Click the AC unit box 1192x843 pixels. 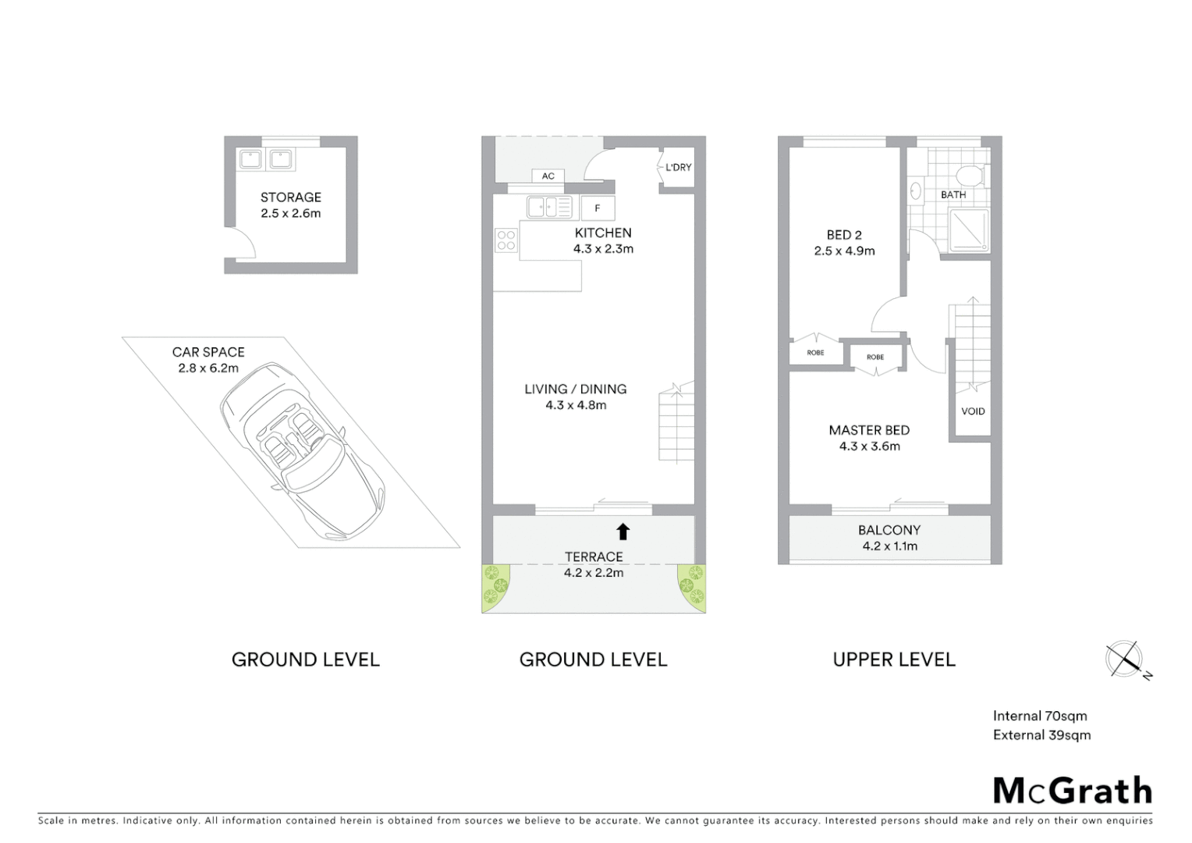(548, 176)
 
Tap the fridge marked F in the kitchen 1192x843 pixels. (598, 208)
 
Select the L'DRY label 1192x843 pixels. (678, 167)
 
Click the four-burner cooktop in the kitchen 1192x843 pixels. (506, 240)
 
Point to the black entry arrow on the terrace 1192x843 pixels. (623, 532)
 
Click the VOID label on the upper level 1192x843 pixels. (973, 411)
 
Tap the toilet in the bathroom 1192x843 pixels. (971, 173)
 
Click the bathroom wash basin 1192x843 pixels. (916, 190)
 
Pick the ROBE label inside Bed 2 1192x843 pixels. (815, 353)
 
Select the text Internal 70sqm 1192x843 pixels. (1039, 716)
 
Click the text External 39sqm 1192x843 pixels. (1041, 735)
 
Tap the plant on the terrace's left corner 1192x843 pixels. (495, 586)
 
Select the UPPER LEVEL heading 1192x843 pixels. (894, 660)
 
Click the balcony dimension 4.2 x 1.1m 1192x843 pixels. (889, 546)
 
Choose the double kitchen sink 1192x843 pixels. (549, 207)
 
